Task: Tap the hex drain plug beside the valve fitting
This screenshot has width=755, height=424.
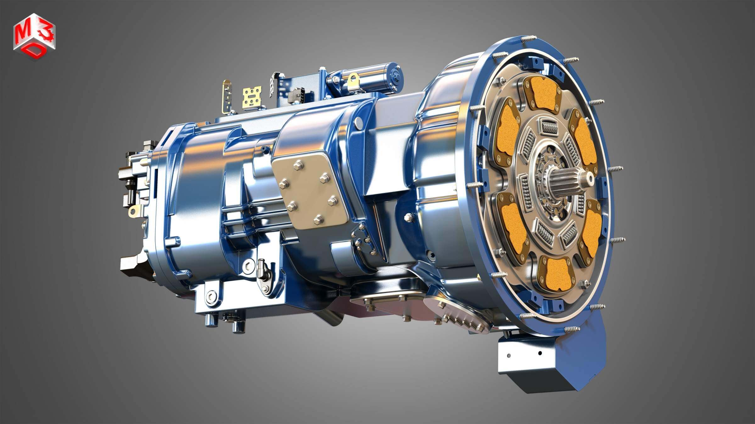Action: pyautogui.click(x=248, y=266)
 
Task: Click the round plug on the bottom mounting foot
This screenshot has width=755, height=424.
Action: pyautogui.click(x=211, y=296)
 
